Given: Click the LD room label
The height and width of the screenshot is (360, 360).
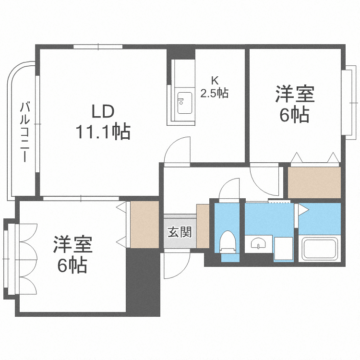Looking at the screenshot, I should (x=102, y=112).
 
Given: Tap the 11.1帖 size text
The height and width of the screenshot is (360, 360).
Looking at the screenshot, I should (x=102, y=131).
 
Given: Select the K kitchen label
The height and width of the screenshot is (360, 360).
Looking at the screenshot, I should (x=214, y=81).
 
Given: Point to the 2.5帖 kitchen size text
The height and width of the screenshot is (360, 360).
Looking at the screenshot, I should (x=214, y=93).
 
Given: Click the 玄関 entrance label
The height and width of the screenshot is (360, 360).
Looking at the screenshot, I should (x=180, y=232).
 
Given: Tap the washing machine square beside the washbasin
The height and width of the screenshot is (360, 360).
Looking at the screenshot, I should (x=283, y=249).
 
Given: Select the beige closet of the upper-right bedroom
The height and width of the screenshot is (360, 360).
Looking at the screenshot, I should (x=314, y=182).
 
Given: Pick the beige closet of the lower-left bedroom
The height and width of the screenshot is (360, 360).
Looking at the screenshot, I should (x=144, y=225).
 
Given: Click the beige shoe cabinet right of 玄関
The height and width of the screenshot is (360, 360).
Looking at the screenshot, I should (x=203, y=226).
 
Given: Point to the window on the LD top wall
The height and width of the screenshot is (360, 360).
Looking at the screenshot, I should (x=99, y=47).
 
